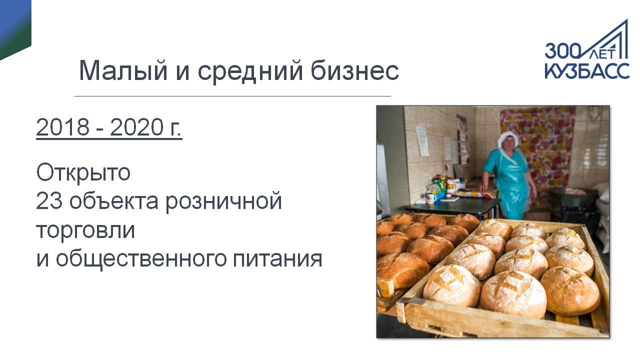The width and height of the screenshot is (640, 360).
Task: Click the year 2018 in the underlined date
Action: coord(63,127)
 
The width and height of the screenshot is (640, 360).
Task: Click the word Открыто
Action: coord(83,172)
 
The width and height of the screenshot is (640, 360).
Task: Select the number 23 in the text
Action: coord(49,201)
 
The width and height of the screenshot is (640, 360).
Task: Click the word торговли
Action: coord(85,231)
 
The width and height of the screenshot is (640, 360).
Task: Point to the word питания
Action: coord(277,259)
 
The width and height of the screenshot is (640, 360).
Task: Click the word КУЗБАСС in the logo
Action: coord(587,70)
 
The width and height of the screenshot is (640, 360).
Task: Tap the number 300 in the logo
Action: coord(563,51)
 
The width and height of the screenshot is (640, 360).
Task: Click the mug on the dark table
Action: coord(430,198)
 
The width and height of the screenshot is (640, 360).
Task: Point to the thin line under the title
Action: coord(232,96)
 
